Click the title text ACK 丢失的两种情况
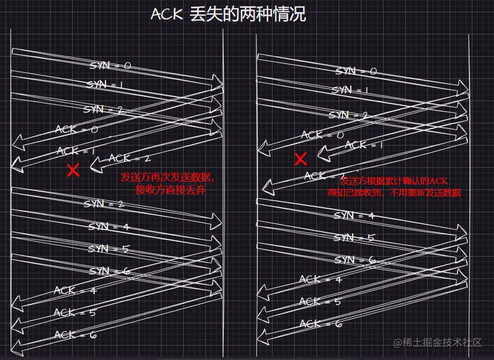click(228, 14)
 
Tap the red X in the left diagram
click(73, 170)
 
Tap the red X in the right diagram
click(301, 160)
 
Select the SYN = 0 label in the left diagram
click(110, 66)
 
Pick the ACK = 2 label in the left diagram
click(129, 158)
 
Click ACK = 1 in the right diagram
click(364, 145)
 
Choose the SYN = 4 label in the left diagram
click(109, 227)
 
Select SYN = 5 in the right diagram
click(354, 238)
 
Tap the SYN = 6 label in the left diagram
click(109, 271)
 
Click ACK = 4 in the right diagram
click(320, 279)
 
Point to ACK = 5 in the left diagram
click(74, 313)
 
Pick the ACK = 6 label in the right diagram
click(320, 323)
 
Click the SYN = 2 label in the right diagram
click(349, 115)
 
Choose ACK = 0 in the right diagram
click(322, 134)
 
